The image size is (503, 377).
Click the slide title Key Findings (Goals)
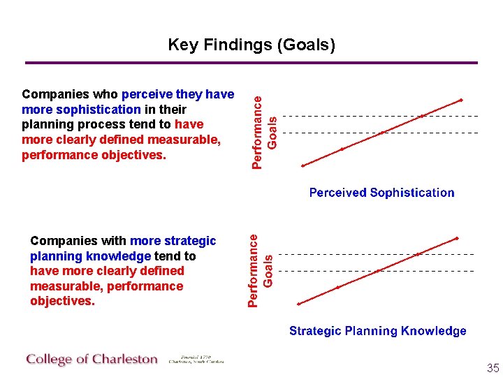click(x=251, y=45)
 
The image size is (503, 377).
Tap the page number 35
click(x=493, y=368)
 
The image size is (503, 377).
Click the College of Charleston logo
click(x=92, y=360)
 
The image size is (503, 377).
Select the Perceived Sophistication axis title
click(x=381, y=193)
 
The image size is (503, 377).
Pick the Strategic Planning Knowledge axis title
click(x=378, y=331)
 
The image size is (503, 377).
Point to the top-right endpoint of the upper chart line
click(x=460, y=100)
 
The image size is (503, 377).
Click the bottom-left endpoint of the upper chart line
click(x=303, y=165)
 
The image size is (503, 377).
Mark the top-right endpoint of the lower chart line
click(x=457, y=239)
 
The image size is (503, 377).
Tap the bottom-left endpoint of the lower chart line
click(x=299, y=304)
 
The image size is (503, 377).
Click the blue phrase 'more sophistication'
click(x=81, y=110)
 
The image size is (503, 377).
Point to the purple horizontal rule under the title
click(x=251, y=63)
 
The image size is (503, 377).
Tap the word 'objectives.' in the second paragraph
click(x=62, y=302)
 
